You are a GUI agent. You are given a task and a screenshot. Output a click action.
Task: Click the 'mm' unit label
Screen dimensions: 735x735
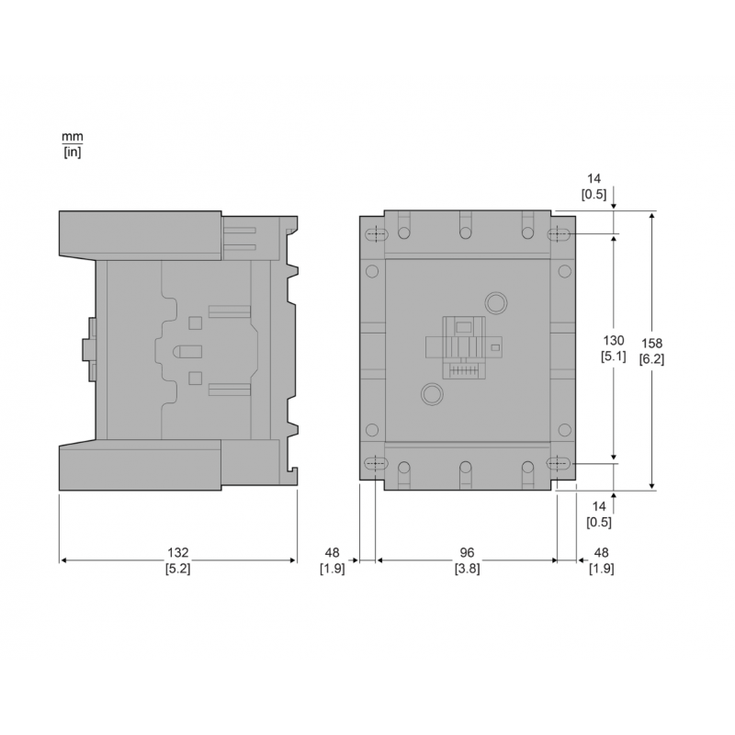tap(72, 137)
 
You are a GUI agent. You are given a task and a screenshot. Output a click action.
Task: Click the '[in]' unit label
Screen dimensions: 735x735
tap(72, 153)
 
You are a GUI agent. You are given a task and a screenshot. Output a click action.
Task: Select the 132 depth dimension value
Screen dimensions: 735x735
tap(177, 553)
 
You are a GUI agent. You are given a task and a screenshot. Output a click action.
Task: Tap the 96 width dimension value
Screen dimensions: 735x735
tap(467, 553)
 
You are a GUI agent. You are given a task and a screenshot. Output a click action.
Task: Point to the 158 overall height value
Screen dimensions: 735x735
tap(651, 343)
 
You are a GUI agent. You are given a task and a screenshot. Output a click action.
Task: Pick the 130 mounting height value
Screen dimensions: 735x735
tap(614, 339)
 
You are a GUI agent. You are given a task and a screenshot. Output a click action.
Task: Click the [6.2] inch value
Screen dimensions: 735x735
tap(651, 358)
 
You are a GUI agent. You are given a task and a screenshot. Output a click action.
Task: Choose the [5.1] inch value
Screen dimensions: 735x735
tap(614, 355)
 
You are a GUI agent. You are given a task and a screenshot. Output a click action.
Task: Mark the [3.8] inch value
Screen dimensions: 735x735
tap(467, 569)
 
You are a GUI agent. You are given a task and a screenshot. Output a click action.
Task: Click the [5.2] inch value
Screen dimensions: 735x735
tap(177, 569)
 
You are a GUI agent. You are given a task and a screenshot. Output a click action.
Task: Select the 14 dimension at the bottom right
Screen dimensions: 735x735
tap(598, 506)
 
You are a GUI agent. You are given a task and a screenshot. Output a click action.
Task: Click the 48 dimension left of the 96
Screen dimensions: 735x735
tap(332, 553)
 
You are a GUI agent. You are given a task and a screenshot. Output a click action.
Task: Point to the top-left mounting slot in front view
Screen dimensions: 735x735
tap(374, 235)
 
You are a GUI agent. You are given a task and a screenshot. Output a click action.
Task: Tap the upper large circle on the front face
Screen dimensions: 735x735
tap(494, 302)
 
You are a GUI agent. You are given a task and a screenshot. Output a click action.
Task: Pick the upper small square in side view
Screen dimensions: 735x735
tap(195, 322)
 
